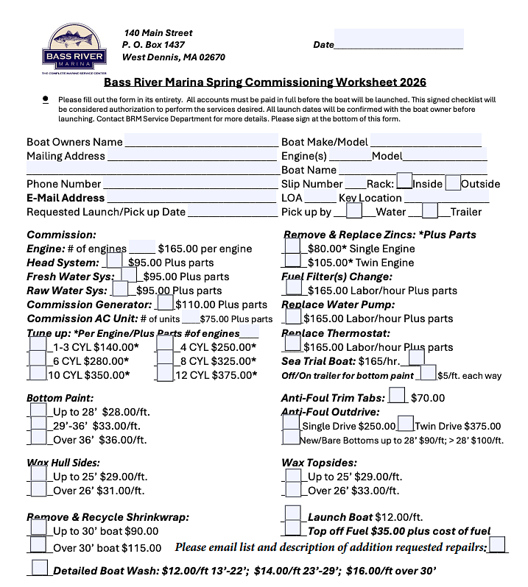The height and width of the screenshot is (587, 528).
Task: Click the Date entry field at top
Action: (x=398, y=39)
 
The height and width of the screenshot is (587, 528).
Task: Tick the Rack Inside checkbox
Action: (x=404, y=182)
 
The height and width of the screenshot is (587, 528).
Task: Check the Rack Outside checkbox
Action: (x=453, y=182)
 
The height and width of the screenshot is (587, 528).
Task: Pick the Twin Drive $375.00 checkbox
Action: (x=405, y=424)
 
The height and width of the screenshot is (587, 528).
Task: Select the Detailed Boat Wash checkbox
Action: (x=41, y=568)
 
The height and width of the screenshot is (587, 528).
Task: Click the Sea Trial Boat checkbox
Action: (x=416, y=358)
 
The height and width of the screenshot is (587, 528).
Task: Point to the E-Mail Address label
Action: (x=66, y=198)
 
